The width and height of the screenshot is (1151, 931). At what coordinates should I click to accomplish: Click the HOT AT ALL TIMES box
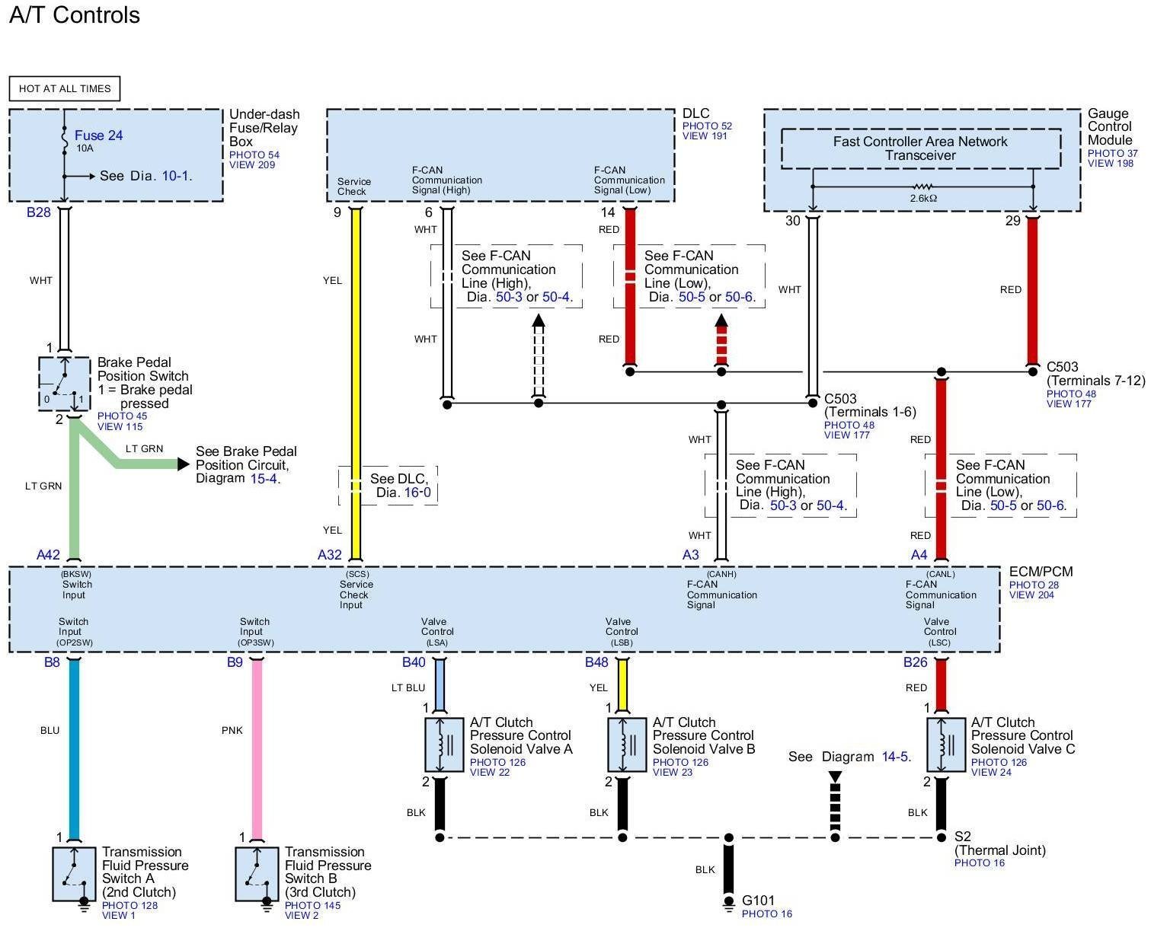pyautogui.click(x=65, y=88)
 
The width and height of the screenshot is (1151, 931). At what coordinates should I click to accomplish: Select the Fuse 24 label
pyautogui.click(x=98, y=136)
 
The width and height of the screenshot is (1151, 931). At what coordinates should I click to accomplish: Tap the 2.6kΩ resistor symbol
pyautogui.click(x=922, y=187)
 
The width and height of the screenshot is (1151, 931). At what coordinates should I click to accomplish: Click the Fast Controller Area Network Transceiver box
pyautogui.click(x=920, y=148)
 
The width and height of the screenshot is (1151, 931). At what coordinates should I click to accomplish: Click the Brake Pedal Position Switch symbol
pyautogui.click(x=64, y=384)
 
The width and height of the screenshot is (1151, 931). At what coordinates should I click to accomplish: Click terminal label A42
pyautogui.click(x=49, y=555)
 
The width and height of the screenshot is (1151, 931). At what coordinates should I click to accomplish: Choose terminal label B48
pyautogui.click(x=596, y=662)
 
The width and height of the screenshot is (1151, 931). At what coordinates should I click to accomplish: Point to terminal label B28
pyautogui.click(x=38, y=212)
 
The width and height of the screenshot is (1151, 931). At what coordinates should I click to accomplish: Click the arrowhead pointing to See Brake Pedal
pyautogui.click(x=183, y=464)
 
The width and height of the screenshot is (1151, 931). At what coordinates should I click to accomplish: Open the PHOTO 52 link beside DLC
pyautogui.click(x=707, y=126)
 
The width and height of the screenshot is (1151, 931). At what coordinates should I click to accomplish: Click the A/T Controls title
pyautogui.click(x=75, y=15)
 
